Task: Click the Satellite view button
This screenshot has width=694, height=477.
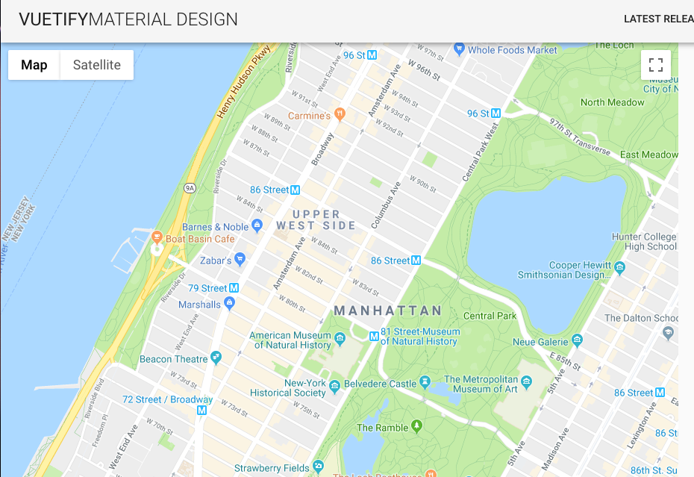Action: point(97,65)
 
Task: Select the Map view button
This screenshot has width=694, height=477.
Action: point(34,65)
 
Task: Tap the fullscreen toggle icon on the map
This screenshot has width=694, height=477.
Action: point(656,65)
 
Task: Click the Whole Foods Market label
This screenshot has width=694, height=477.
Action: point(513,50)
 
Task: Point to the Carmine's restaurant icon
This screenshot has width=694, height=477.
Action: point(340,115)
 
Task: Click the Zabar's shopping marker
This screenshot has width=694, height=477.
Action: point(240,260)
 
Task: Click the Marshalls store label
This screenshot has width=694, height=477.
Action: point(199,305)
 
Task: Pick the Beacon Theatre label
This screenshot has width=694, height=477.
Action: point(173,359)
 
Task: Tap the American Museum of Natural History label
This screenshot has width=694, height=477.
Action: point(290,340)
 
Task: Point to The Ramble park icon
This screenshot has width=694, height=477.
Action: point(416,426)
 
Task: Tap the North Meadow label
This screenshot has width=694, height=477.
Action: point(612,102)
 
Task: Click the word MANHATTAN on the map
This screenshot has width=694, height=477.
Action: point(388,311)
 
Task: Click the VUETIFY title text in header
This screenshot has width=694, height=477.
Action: point(53,19)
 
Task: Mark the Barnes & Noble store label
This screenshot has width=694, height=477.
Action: point(215,227)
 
